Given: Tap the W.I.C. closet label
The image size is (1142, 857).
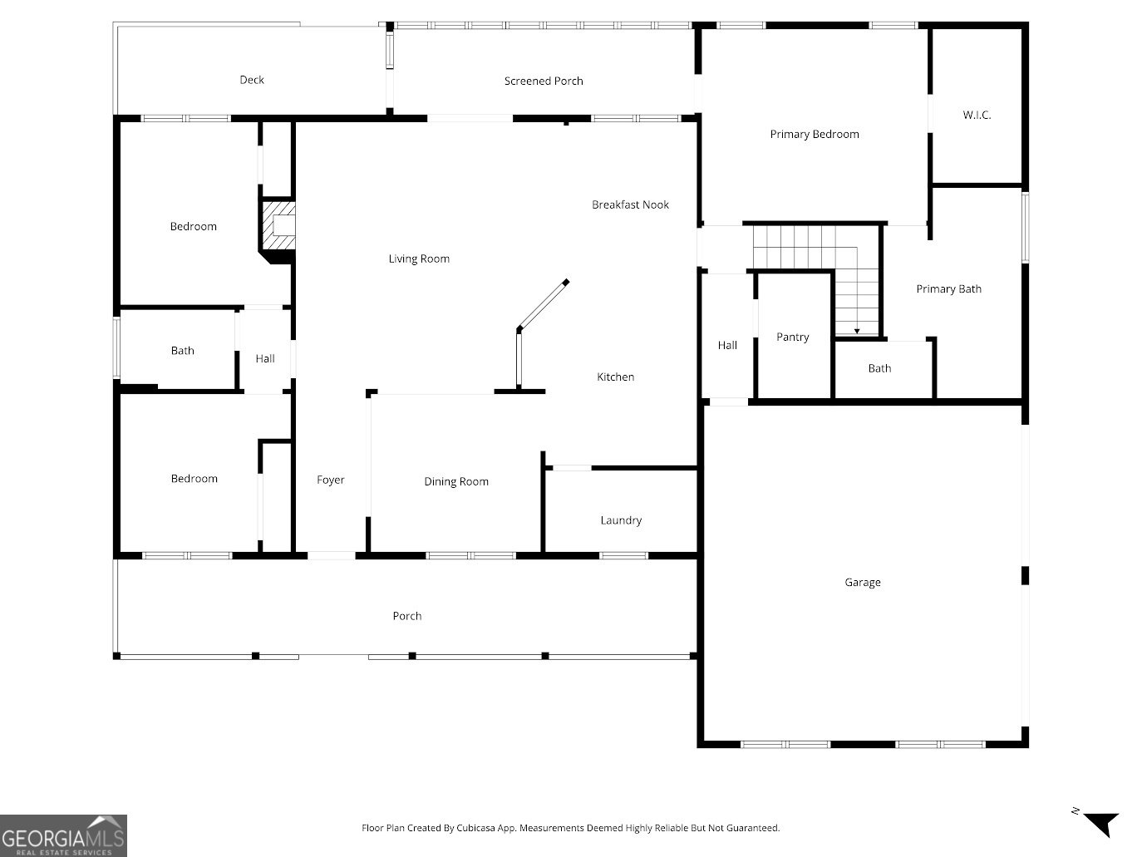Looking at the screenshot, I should click(977, 115).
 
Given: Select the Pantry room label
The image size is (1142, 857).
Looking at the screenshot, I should click(792, 337).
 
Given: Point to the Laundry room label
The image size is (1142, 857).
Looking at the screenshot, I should click(621, 520).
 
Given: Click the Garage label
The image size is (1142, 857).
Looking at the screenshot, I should click(862, 582).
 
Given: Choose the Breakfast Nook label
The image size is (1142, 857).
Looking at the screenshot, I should click(630, 204).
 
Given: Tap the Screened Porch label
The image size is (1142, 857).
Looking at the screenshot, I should click(544, 81).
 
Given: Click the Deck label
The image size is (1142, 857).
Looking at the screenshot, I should click(252, 80).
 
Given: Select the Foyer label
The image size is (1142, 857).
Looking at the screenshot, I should click(330, 480).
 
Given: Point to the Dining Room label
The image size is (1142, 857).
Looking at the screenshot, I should click(456, 481).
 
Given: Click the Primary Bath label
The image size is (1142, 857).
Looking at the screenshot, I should click(948, 288).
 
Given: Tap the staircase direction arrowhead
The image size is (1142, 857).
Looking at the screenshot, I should click(857, 331).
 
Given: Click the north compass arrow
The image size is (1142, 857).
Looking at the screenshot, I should click(1102, 823).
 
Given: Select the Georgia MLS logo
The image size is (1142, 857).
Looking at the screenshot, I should click(63, 835).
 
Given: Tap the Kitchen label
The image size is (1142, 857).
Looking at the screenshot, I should click(615, 377).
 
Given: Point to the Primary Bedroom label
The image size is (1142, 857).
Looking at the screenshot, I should click(814, 134).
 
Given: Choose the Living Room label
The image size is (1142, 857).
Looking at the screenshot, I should click(419, 259).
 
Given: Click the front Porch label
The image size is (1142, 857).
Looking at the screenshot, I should click(406, 616).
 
